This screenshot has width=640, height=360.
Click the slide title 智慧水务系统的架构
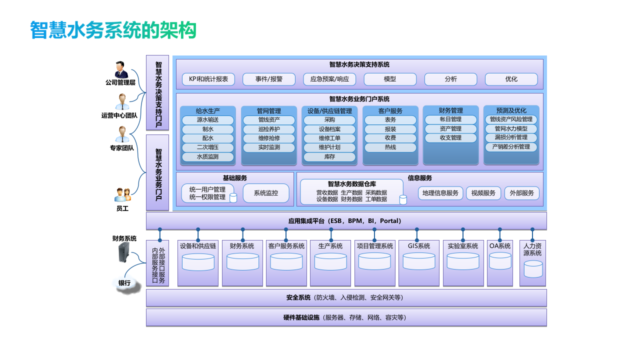click(x=113, y=30)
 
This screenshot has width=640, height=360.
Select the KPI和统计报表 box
click(x=208, y=79)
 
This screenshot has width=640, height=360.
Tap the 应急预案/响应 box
click(x=329, y=79)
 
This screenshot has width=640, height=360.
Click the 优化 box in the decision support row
click(x=511, y=79)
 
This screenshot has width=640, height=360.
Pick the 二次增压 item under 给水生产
click(x=207, y=147)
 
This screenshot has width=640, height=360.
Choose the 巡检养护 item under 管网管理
click(x=269, y=129)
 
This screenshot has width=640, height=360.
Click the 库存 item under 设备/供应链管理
click(x=329, y=156)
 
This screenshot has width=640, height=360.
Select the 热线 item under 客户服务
click(x=390, y=147)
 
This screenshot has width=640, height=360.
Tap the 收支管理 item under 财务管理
click(x=450, y=137)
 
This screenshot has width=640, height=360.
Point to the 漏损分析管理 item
click(x=511, y=137)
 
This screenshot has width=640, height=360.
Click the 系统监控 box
click(x=265, y=193)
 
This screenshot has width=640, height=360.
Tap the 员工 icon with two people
click(x=122, y=195)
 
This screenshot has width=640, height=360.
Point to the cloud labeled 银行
click(x=124, y=283)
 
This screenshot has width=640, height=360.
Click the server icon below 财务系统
click(x=124, y=253)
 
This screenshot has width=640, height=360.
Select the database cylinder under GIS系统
click(x=418, y=261)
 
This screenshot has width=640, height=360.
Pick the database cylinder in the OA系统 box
click(x=500, y=261)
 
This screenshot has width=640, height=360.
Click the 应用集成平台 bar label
click(x=345, y=221)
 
